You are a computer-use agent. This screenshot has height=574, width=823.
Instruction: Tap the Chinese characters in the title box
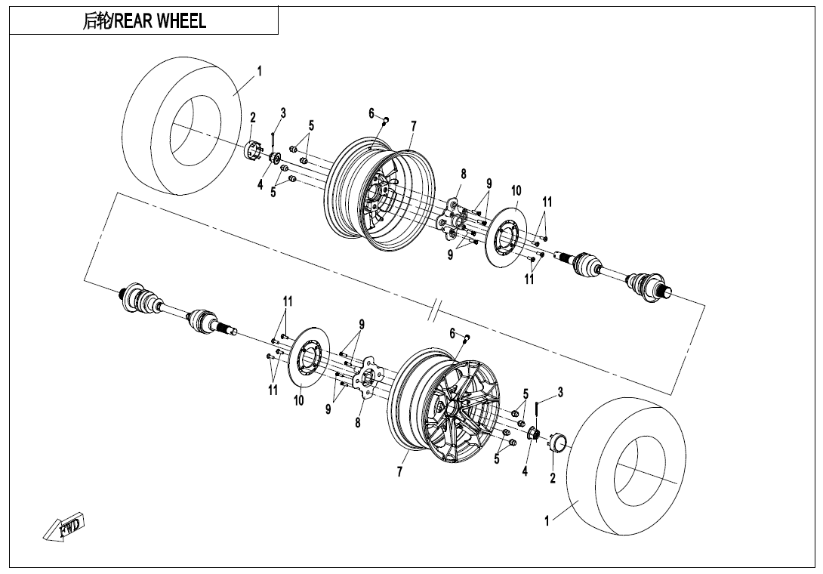pyautogui.click(x=97, y=21)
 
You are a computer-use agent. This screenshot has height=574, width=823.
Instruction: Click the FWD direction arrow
pyautogui.click(x=65, y=527)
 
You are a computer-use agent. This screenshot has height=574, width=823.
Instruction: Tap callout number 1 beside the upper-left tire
pyautogui.click(x=259, y=71)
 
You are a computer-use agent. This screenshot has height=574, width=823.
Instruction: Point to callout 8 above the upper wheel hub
pyautogui.click(x=464, y=174)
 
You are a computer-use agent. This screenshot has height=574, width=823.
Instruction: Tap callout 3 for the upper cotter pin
pyautogui.click(x=283, y=113)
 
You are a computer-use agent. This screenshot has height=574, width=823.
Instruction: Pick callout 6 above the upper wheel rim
pyautogui.click(x=371, y=113)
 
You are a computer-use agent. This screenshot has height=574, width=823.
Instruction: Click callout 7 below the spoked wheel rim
pyautogui.click(x=399, y=472)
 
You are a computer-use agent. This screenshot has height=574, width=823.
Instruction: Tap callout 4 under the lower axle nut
pyautogui.click(x=525, y=471)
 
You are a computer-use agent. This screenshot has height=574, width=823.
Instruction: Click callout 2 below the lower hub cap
pyautogui.click(x=552, y=477)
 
